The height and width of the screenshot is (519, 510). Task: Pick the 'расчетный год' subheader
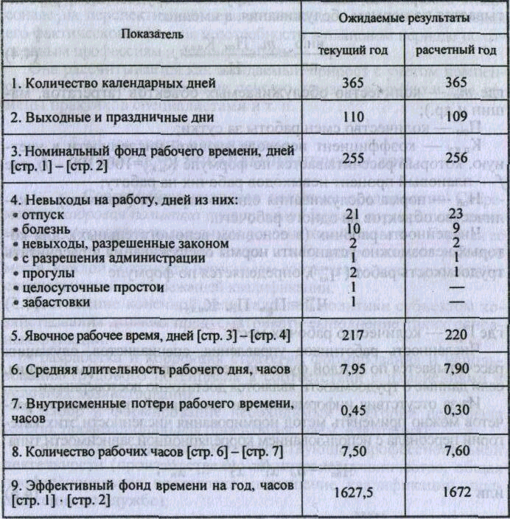455,50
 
